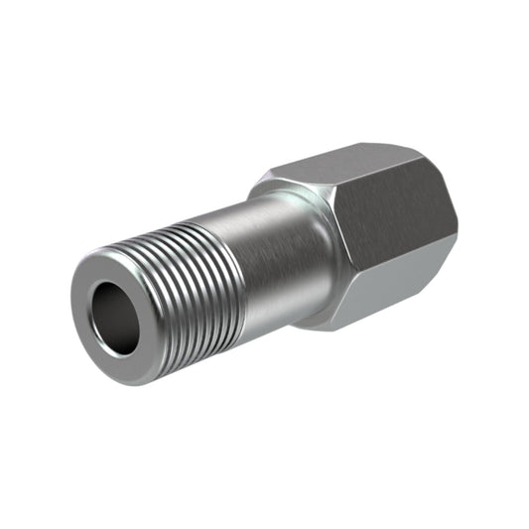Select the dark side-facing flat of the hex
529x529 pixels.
tap(392, 228)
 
